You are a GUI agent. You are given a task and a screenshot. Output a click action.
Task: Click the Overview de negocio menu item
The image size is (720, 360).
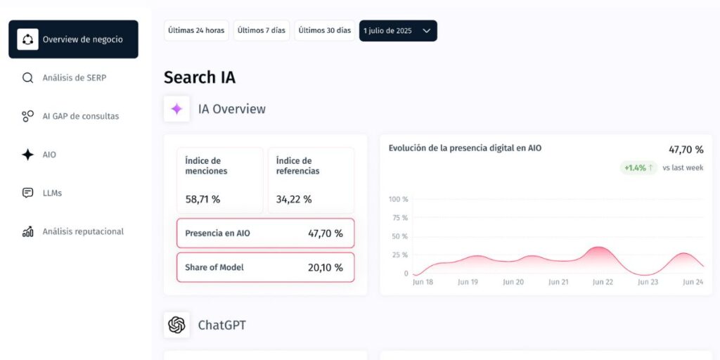(x=73, y=39)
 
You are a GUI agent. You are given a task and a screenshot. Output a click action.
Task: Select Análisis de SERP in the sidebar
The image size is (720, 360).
(x=74, y=78)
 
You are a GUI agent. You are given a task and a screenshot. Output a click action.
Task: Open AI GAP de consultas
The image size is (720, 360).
(x=80, y=116)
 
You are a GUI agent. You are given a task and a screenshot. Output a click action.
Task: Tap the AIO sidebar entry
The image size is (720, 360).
(x=49, y=155)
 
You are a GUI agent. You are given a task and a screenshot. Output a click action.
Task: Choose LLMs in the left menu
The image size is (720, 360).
(x=52, y=193)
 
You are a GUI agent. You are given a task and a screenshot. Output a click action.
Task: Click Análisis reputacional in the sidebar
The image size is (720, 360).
(x=82, y=231)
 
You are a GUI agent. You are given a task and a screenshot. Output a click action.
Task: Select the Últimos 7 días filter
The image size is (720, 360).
(x=262, y=31)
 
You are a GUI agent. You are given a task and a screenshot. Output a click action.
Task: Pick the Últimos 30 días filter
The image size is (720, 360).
(x=324, y=31)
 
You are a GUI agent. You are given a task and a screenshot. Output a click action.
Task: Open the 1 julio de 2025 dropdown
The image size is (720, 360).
(x=398, y=31)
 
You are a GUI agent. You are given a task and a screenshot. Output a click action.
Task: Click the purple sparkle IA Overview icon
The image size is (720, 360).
(x=176, y=109)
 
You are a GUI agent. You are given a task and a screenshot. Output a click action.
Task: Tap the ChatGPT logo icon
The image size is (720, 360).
(x=176, y=325)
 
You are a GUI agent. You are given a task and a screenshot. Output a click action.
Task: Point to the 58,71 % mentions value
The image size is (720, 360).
(x=202, y=200)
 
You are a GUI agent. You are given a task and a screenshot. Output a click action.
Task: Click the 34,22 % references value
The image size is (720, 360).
(x=294, y=200)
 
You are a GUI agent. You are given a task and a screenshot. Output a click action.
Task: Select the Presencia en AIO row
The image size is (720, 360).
(x=265, y=233)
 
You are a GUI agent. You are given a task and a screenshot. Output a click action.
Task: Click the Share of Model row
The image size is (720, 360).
(x=265, y=267)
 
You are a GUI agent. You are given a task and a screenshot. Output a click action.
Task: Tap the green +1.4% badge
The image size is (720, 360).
(x=638, y=168)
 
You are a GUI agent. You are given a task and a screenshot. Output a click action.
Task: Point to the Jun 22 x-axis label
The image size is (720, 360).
(x=603, y=282)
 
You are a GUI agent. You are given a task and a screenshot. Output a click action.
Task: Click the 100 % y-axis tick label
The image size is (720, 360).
(x=399, y=199)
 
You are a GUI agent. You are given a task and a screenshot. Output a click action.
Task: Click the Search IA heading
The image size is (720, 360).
(x=200, y=77)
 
